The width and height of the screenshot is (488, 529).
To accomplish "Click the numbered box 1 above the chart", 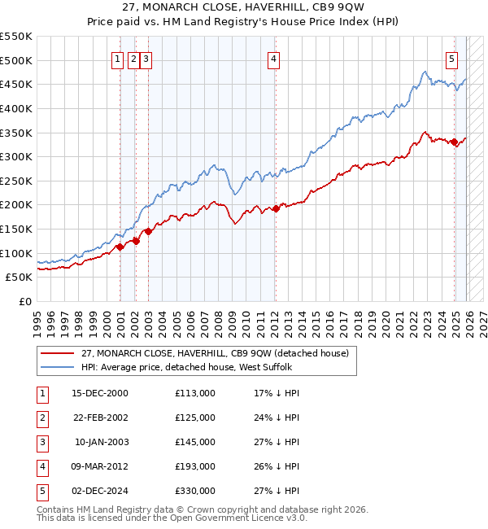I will (x=118, y=58).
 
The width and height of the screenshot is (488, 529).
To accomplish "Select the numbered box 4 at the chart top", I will (x=274, y=58).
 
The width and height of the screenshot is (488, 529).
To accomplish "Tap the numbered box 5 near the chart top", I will (x=451, y=58).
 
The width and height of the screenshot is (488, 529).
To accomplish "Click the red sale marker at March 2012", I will (x=276, y=208).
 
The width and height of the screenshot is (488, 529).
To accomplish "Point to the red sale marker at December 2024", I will (x=454, y=142).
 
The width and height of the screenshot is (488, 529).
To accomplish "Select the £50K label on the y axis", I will (x=20, y=277).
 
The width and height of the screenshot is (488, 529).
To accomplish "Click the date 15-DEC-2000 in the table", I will (x=99, y=393).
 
